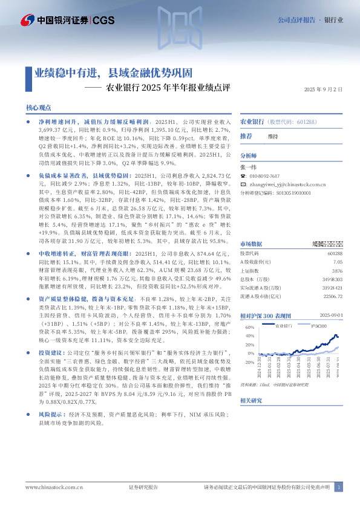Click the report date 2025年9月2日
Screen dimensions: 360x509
coord(323,89)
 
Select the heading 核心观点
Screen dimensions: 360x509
coord(39,107)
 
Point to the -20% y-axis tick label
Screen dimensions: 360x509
coord(247,361)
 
